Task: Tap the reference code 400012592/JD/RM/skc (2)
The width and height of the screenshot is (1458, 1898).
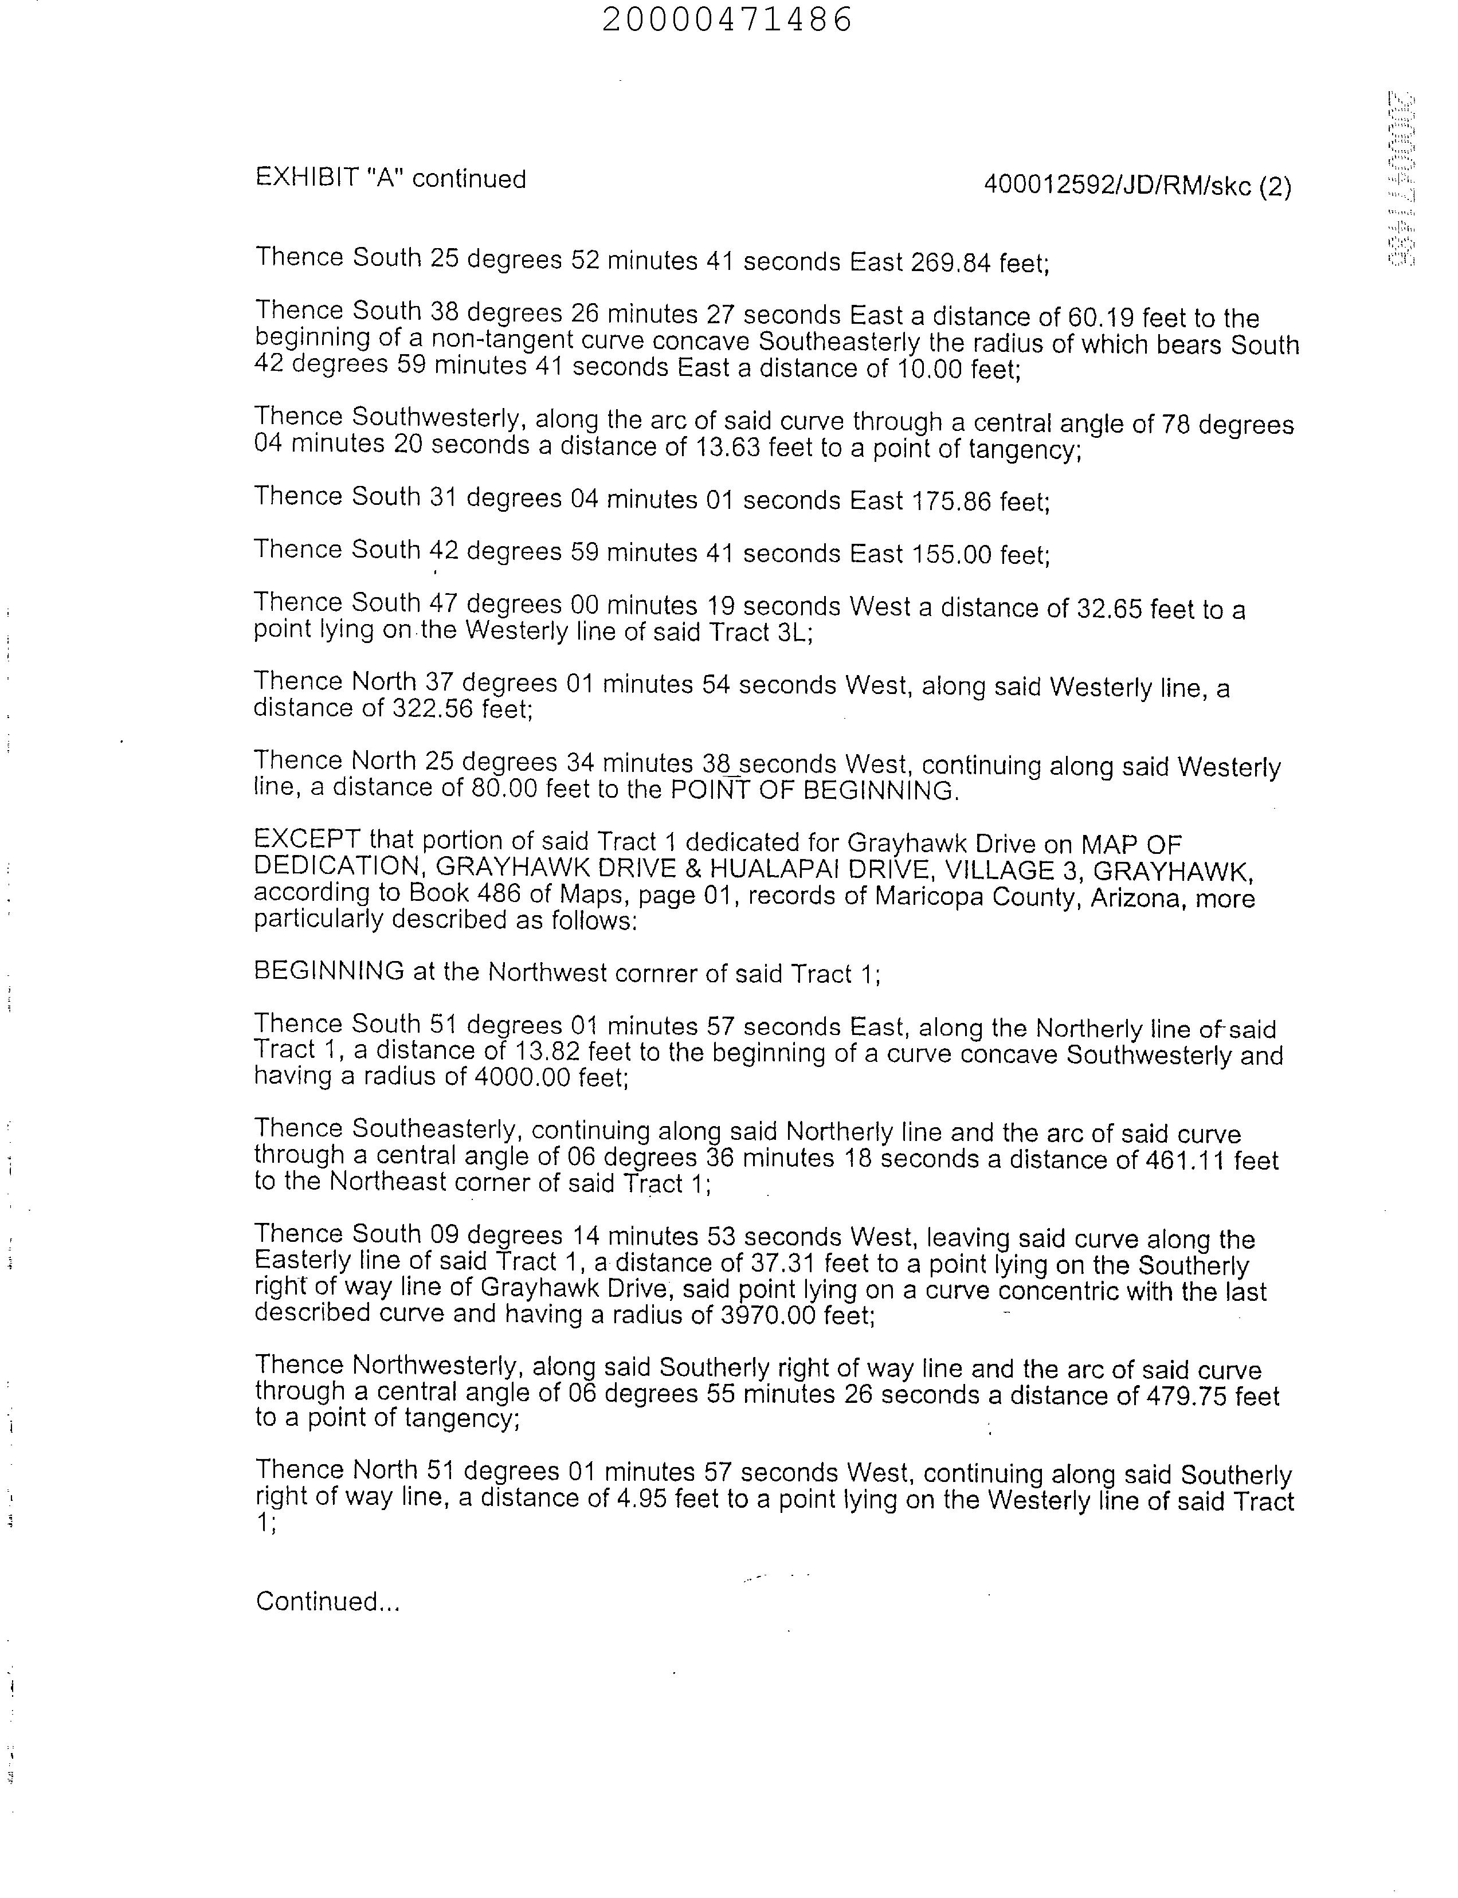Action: click(x=1138, y=186)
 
